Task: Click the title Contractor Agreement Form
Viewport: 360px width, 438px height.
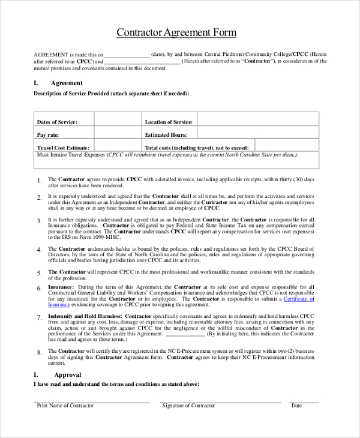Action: (x=176, y=32)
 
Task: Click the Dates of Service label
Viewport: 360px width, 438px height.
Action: (x=57, y=122)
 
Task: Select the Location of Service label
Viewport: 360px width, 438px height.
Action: (x=169, y=122)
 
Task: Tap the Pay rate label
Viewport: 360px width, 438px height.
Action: (x=48, y=135)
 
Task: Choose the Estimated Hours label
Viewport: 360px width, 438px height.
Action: (x=166, y=135)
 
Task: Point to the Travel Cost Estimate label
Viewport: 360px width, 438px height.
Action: (x=63, y=148)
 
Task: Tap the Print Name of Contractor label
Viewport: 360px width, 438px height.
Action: (x=65, y=406)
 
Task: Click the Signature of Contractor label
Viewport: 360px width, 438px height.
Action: (x=188, y=406)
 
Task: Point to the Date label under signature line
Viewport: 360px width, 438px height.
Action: (x=296, y=406)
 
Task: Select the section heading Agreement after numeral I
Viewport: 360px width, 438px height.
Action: (x=67, y=83)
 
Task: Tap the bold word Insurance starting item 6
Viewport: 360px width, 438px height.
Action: (x=61, y=287)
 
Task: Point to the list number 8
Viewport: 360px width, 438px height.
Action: (x=39, y=352)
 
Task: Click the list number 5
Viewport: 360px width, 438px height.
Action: (x=39, y=273)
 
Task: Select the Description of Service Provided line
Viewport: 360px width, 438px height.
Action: (x=111, y=94)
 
